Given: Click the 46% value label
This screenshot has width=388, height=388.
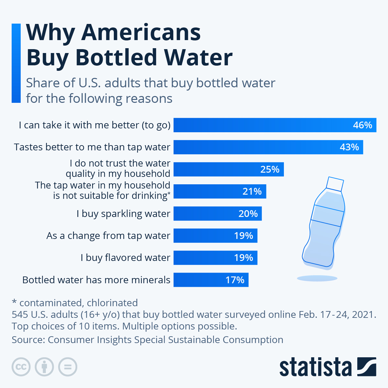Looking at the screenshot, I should pyautogui.click(x=362, y=125).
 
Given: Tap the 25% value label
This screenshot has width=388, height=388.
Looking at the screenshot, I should pyautogui.click(x=270, y=169).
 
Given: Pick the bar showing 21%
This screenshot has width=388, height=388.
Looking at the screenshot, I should pyautogui.click(x=220, y=191).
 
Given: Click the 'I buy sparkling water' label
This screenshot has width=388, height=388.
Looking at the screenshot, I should pyautogui.click(x=123, y=214).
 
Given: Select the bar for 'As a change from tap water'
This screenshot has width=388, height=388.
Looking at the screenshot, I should pyautogui.click(x=215, y=236).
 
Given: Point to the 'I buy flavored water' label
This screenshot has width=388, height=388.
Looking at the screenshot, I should pyautogui.click(x=125, y=258).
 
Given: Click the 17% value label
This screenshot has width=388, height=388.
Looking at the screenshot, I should pyautogui.click(x=235, y=280).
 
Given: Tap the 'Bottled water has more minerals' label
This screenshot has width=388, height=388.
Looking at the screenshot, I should pyautogui.click(x=96, y=280).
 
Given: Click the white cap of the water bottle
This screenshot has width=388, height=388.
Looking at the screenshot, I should pyautogui.click(x=335, y=184).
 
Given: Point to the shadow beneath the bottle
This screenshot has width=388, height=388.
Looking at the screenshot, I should pyautogui.click(x=317, y=278).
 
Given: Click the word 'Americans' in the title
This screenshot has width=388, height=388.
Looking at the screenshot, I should pyautogui.click(x=141, y=33).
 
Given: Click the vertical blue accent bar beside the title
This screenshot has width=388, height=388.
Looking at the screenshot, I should pyautogui.click(x=16, y=63).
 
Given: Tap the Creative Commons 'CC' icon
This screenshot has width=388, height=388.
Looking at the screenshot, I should pyautogui.click(x=21, y=367).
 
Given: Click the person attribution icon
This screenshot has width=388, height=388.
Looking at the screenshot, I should pyautogui.click(x=45, y=367).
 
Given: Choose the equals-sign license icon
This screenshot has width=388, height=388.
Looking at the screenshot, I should pyautogui.click(x=68, y=367).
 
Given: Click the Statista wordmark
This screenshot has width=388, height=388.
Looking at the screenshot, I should pyautogui.click(x=315, y=367).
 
